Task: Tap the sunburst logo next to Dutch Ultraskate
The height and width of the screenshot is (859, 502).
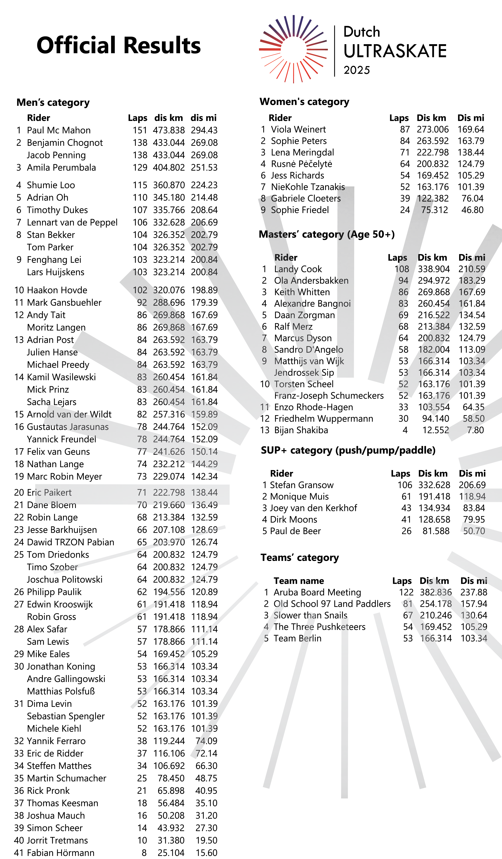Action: [293, 49]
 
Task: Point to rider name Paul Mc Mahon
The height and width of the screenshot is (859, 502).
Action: [59, 130]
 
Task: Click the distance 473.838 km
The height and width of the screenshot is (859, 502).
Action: [169, 130]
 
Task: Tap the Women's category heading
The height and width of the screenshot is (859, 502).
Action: [304, 102]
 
